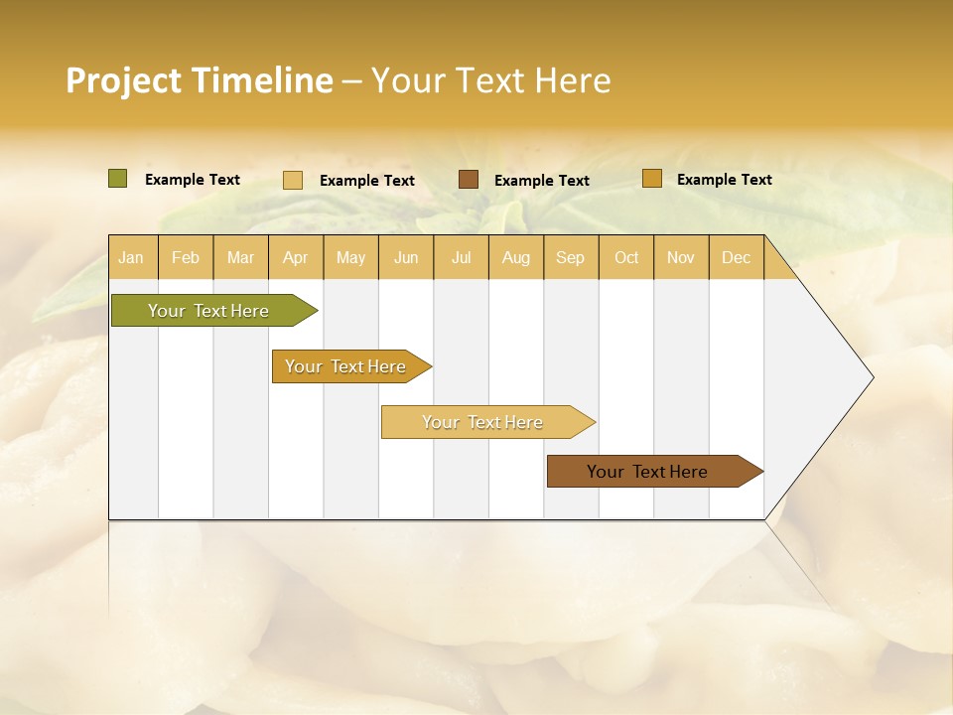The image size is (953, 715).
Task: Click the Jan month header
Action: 131,257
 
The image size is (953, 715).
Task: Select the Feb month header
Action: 186,257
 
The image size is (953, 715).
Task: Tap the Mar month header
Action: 240,257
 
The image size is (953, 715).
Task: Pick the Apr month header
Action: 295,257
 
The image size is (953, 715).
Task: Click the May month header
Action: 350,257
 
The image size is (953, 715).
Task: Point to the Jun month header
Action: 406,257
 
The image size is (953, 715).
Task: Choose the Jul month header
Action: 461,257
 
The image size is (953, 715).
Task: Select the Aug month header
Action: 515,257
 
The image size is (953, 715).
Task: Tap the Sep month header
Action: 570,257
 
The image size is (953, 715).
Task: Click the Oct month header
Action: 626,257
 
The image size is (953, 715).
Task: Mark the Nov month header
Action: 680,257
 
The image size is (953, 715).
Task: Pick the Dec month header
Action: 736,257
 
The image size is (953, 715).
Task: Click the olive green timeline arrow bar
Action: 209,311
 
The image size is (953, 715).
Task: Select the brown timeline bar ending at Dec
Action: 648,472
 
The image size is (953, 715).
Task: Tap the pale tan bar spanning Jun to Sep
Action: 483,422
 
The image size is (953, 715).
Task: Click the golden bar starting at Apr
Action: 346,366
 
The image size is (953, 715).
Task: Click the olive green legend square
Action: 118,179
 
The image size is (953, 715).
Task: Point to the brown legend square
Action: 469,179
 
